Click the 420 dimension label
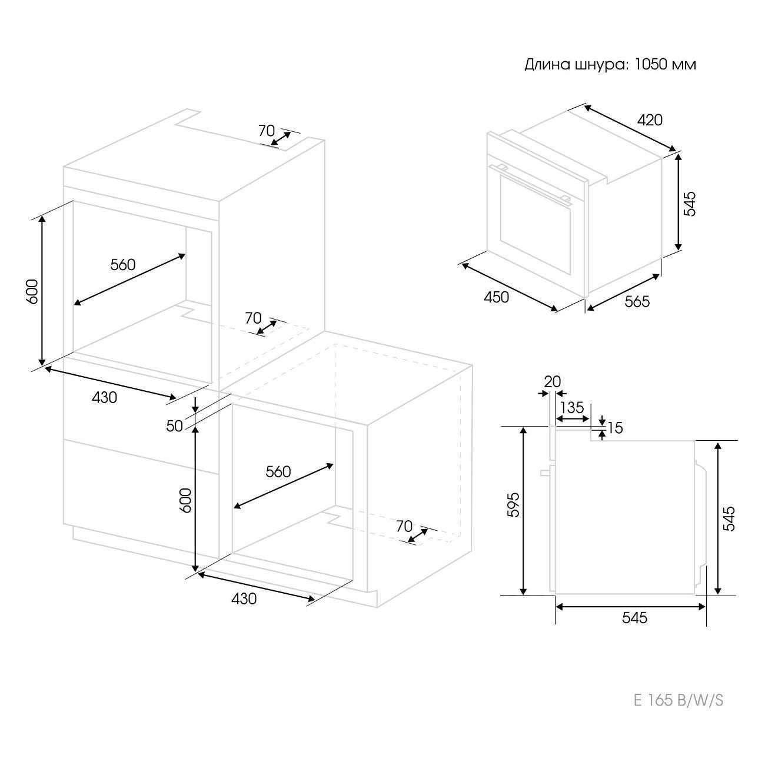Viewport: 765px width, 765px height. [x=650, y=120]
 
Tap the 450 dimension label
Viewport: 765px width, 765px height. [x=496, y=297]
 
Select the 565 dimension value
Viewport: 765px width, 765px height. [x=637, y=302]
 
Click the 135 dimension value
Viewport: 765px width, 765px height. [x=573, y=407]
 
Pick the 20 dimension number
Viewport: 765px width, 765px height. [x=552, y=381]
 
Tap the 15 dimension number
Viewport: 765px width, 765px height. [x=615, y=428]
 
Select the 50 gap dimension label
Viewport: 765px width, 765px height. [x=174, y=426]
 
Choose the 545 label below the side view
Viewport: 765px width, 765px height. [x=635, y=617]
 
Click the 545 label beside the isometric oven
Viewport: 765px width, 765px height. [x=690, y=204]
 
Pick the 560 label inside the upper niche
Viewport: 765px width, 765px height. [x=122, y=264]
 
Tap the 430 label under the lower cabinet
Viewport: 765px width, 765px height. [x=244, y=598]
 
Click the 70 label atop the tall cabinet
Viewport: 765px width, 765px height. [x=267, y=131]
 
